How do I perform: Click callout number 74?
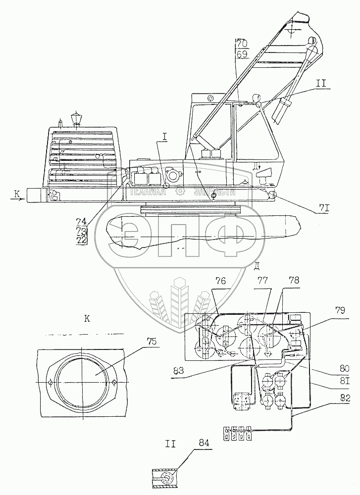tap(81, 222)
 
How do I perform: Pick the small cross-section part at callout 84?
tap(164, 479)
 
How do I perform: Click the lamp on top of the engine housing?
tap(76, 119)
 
